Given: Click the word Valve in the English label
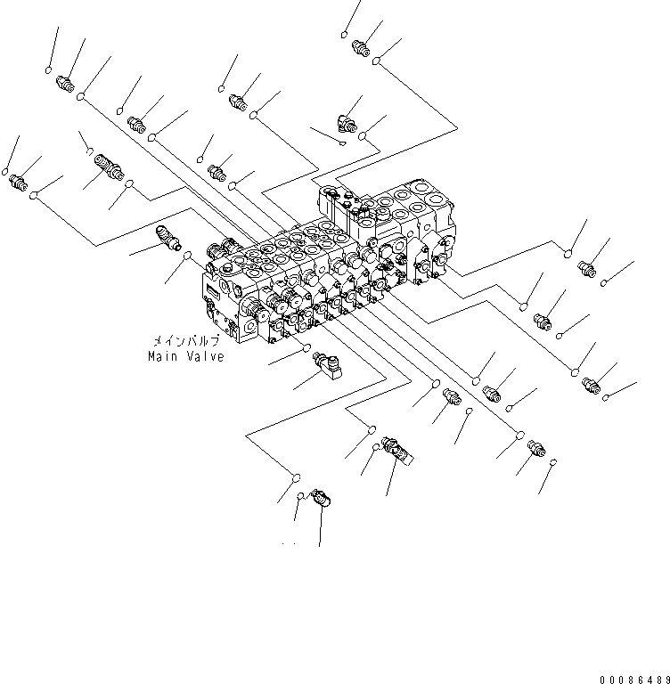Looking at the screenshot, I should click(205, 356).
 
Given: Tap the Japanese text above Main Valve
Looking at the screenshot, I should click(184, 341).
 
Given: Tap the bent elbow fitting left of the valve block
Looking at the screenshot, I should click(167, 236).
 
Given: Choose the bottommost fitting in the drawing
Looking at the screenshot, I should click(323, 501).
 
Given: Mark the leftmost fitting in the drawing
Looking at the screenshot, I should click(17, 183).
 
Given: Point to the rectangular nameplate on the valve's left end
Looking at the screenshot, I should click(215, 291).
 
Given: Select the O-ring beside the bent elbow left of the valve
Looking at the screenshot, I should click(188, 257).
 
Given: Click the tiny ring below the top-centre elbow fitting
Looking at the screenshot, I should click(344, 142).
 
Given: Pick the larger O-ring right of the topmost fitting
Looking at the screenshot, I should click(378, 61).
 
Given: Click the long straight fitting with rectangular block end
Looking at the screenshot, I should click(395, 448).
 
